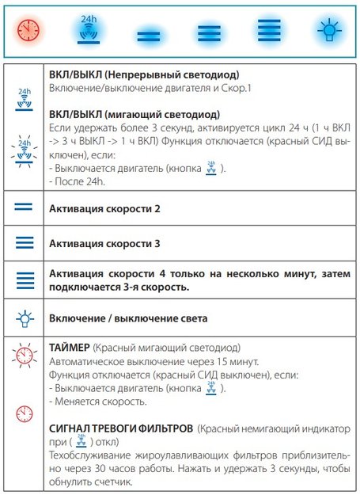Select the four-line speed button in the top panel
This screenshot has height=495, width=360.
pos(266,32)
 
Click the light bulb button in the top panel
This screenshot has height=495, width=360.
pos(326,32)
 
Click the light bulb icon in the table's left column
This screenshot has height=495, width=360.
pos(24,318)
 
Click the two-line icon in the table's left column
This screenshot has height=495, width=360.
pos(24,208)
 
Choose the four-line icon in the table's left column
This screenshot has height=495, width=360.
pos(24,280)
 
